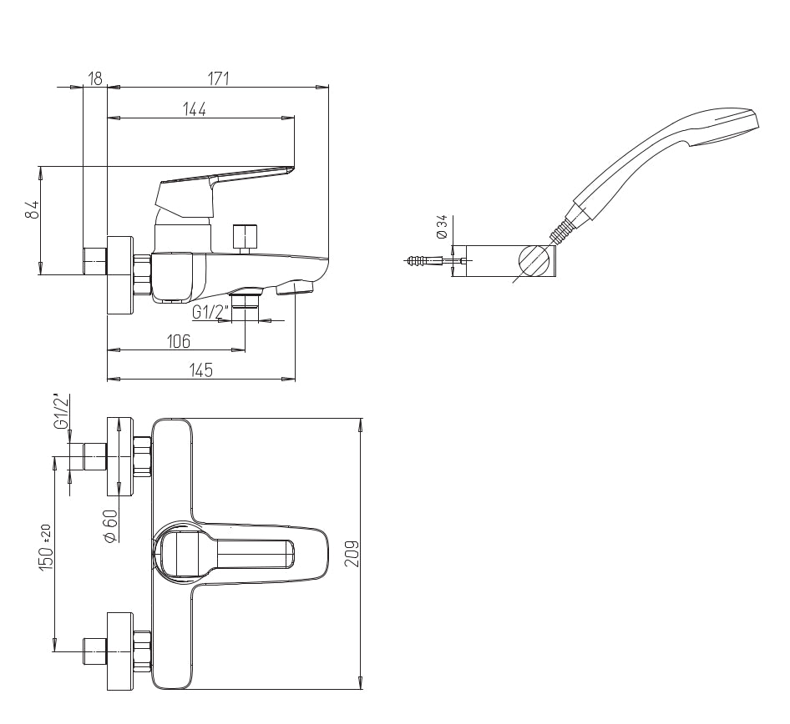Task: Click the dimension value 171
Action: click(x=218, y=78)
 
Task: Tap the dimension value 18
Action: click(x=94, y=78)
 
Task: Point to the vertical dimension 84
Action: click(x=33, y=210)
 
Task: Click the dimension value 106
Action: click(x=179, y=341)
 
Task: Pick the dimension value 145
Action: click(x=200, y=370)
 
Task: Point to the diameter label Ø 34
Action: click(x=442, y=226)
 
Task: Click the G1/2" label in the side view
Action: click(x=210, y=312)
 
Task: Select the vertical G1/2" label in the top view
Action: click(x=61, y=412)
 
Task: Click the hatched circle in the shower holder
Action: click(x=534, y=259)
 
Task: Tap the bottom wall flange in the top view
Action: click(x=119, y=651)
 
